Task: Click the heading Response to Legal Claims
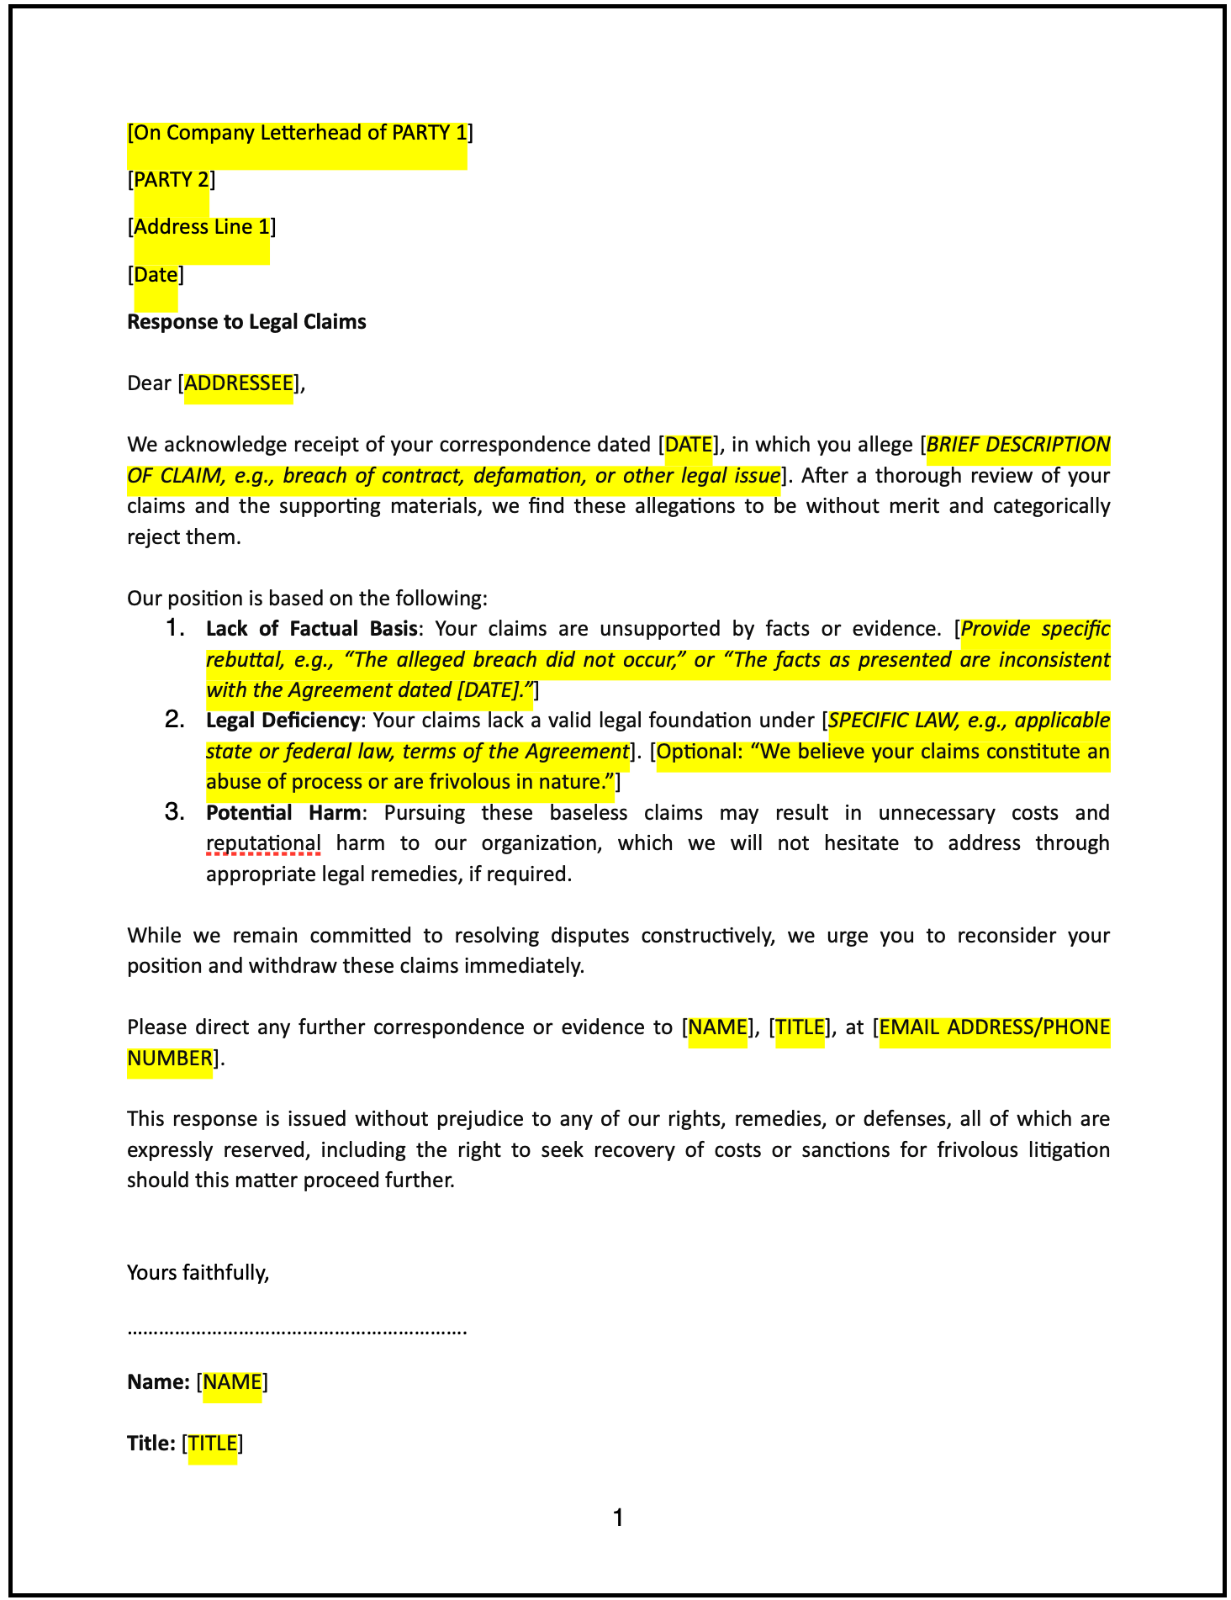(x=246, y=322)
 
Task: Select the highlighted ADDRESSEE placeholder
(x=240, y=383)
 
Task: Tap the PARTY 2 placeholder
(x=172, y=180)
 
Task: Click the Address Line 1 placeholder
(x=202, y=227)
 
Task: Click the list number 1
(x=174, y=628)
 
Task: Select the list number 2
(x=174, y=720)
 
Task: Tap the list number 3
(x=174, y=812)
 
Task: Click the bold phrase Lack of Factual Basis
(x=311, y=629)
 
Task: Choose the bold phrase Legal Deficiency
(x=283, y=721)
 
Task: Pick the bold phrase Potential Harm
(x=285, y=813)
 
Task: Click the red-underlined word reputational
(x=263, y=843)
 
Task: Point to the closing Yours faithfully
(x=198, y=1272)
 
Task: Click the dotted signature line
(x=297, y=1331)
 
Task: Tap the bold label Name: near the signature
(x=158, y=1382)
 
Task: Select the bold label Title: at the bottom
(x=151, y=1444)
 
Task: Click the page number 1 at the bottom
(x=618, y=1518)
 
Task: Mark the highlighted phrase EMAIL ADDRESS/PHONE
(x=995, y=1027)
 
